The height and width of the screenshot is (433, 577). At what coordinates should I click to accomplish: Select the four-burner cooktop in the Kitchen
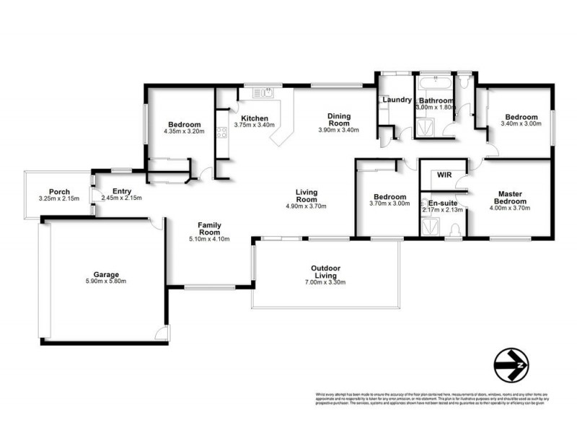[x=221, y=133]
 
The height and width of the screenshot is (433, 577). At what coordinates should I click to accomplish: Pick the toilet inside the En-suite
[x=454, y=230]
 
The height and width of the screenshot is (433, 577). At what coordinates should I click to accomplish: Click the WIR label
[x=444, y=175]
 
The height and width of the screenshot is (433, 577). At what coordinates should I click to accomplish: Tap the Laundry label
[x=396, y=100]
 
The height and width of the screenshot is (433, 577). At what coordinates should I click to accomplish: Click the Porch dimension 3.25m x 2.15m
[x=54, y=198]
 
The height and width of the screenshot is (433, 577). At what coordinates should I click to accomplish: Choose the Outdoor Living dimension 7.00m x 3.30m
[x=325, y=281]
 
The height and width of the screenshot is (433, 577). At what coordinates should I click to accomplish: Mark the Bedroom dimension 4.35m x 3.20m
[x=185, y=131]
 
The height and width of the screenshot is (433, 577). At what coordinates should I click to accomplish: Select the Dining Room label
[x=338, y=119]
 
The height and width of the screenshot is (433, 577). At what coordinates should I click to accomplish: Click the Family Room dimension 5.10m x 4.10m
[x=209, y=240]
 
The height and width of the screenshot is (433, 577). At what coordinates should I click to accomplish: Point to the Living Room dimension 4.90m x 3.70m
[x=307, y=206]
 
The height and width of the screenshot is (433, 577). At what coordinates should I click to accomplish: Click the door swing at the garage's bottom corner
[x=163, y=332]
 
